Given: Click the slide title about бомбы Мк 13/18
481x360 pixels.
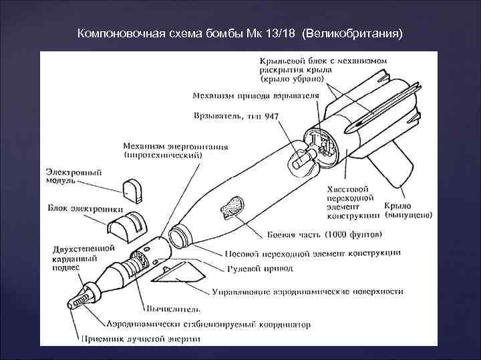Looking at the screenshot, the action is coord(240,33).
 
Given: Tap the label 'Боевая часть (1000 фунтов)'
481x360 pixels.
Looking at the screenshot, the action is coord(325,235).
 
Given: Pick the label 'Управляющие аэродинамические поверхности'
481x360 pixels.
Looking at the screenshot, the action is coord(307,291).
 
